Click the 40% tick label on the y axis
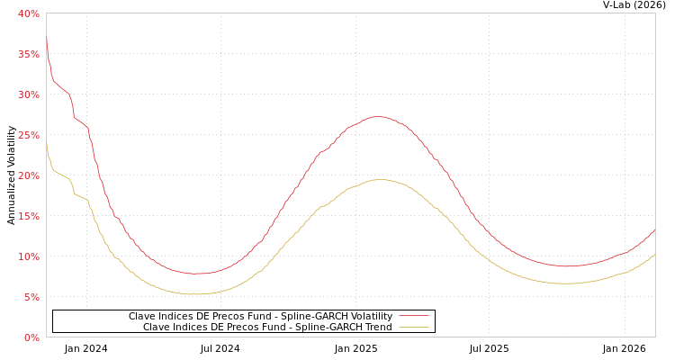[28, 13]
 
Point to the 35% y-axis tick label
[28, 54]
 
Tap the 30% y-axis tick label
[28, 94]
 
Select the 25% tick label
[28, 135]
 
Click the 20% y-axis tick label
[28, 175]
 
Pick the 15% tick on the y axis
[28, 216]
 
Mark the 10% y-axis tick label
[28, 256]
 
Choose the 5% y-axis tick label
[31, 297]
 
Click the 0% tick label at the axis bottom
[31, 337]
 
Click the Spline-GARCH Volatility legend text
[260, 316]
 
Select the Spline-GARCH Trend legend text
[267, 327]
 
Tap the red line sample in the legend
[413, 316]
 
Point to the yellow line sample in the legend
[413, 327]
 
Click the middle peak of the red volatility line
[380, 116]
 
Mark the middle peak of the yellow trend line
[382, 179]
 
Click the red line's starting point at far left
[47, 38]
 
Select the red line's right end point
[654, 230]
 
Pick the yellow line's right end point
[654, 255]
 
